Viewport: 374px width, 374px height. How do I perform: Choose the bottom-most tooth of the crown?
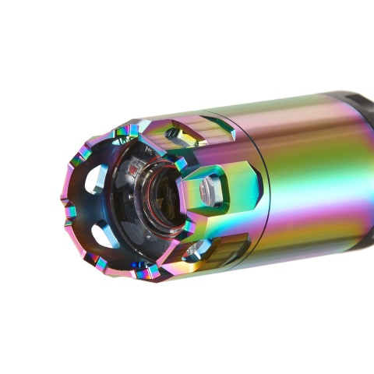(145, 272)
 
